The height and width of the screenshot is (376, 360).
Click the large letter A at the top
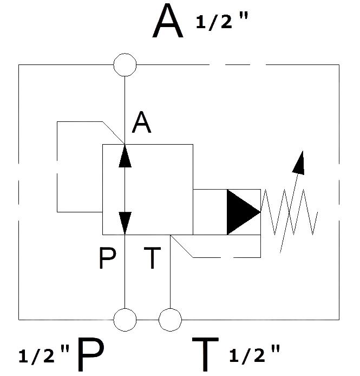coord(168,21)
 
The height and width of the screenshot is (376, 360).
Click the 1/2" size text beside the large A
coord(222,21)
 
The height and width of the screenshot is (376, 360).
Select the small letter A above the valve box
coord(142,122)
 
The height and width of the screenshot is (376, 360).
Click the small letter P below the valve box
coord(107,258)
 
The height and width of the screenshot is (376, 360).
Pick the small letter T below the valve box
coord(152,258)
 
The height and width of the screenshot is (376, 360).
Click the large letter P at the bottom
coord(91,354)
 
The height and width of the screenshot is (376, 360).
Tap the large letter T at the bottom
coord(205,354)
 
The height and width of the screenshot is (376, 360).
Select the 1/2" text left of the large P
coord(44,354)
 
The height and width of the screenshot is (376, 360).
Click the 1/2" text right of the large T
coord(254,353)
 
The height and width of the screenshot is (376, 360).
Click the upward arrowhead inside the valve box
coord(125,156)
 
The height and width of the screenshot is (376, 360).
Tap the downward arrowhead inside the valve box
coord(125,223)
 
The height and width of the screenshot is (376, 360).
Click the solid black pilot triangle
coord(244,212)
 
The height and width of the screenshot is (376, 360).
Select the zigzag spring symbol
coord(289,212)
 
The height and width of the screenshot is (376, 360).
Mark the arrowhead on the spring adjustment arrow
coord(299,163)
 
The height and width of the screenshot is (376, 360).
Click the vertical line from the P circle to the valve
coord(125,271)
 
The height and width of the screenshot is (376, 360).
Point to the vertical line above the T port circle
coord(170,271)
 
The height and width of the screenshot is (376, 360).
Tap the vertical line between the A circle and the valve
coord(125,111)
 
